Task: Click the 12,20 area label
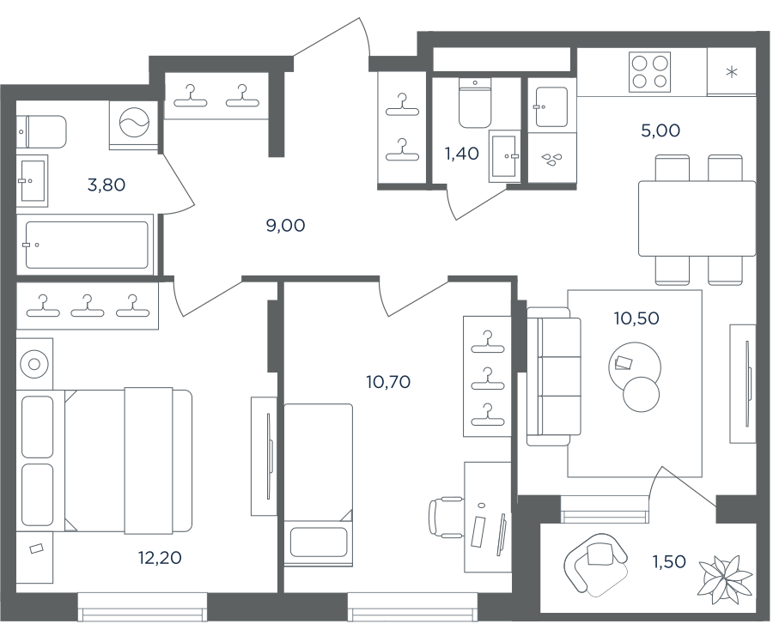tap(160, 558)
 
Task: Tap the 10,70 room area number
tap(388, 382)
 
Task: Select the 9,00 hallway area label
tap(285, 226)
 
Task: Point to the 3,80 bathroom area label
tap(106, 185)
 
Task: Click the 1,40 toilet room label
tap(462, 154)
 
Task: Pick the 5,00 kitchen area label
tap(660, 130)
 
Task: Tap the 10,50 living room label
tap(636, 318)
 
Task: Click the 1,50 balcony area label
tap(669, 561)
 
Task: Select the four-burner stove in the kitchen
tap(650, 72)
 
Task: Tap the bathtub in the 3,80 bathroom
tap(85, 245)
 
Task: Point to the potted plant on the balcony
tap(724, 576)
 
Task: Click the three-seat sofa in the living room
tap(554, 377)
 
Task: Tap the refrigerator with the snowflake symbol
tap(732, 72)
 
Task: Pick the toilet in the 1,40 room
tap(475, 103)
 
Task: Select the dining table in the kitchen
tap(697, 219)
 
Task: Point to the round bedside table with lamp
tap(34, 365)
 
